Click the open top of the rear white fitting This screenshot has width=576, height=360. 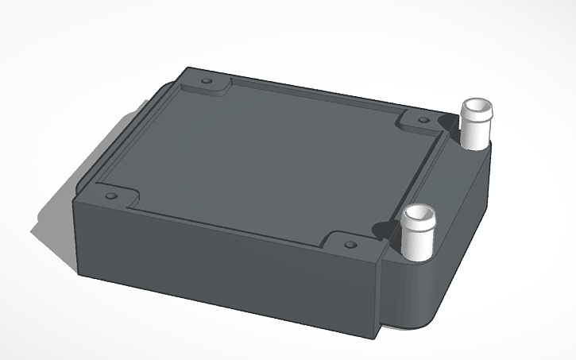pos(477,106)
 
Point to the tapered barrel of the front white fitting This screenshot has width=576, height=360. pos(417,238)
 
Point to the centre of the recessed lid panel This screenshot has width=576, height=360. pos(262,163)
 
